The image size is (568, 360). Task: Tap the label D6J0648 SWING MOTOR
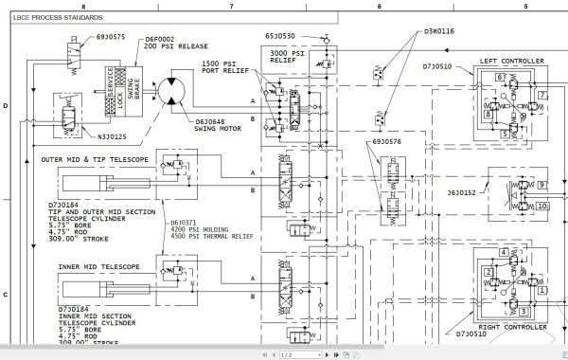(217, 125)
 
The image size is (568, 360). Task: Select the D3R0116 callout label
(439, 31)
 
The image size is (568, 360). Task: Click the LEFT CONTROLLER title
(512, 62)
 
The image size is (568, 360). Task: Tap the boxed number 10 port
(542, 206)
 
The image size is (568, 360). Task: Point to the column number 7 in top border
(230, 7)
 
